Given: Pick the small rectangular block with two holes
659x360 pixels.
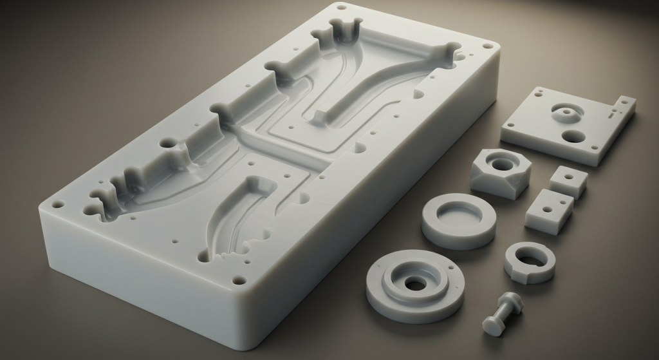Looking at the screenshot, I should (548, 210).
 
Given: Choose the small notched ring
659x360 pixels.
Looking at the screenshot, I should (530, 261).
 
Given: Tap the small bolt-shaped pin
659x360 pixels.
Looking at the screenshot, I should (503, 312).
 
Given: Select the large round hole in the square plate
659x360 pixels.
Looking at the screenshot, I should (571, 136).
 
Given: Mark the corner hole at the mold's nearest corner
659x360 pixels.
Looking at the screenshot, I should (239, 280).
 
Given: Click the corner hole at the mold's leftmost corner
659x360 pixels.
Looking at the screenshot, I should (57, 205).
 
